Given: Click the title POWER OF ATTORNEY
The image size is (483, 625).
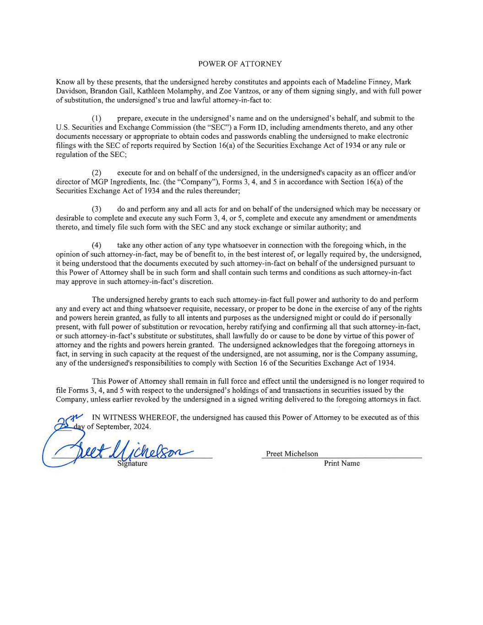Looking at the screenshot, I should click(240, 64).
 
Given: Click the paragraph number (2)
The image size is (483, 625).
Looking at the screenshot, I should click(96, 173).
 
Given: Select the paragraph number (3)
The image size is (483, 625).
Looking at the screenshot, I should click(96, 209).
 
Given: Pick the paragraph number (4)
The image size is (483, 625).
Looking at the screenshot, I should click(96, 245).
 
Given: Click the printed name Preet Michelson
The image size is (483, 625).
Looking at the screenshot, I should click(292, 454).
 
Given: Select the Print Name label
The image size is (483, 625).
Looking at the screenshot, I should click(342, 463).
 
